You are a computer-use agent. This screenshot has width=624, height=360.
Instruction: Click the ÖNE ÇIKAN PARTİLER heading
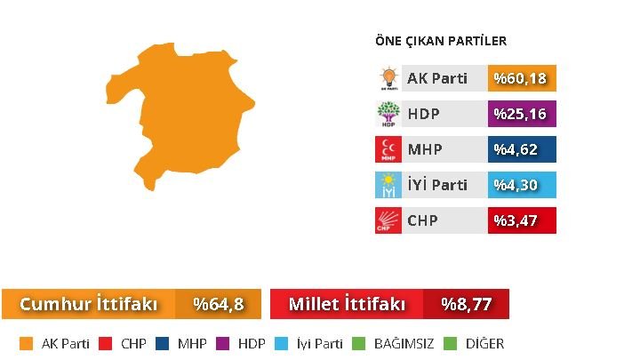coord(441,41)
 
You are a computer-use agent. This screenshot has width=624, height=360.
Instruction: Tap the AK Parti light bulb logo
coord(388,78)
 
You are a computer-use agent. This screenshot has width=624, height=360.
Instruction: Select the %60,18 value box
coord(522,78)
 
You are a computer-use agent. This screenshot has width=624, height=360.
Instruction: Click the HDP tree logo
coord(388,114)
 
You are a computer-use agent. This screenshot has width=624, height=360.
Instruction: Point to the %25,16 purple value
coord(522,114)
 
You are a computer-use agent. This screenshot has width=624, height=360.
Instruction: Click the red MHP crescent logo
coord(388,149)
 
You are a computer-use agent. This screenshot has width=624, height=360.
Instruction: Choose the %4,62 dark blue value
coord(522,149)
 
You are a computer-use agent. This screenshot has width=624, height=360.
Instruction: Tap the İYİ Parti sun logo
coord(388,185)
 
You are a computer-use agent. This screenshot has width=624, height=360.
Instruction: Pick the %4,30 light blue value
coord(522,185)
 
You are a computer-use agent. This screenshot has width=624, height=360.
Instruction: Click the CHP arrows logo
coord(388,220)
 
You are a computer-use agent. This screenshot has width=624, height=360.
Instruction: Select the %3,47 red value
coord(522,220)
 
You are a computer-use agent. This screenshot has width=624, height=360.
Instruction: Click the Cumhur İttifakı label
coord(88,304)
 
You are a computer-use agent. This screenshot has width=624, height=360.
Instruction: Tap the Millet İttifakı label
coord(347,304)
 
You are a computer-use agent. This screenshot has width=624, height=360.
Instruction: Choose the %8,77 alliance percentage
coord(466,304)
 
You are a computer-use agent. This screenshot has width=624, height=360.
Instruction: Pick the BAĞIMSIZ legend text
coord(404,343)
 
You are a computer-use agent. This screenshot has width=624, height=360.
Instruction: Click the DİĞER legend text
coord(484,343)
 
